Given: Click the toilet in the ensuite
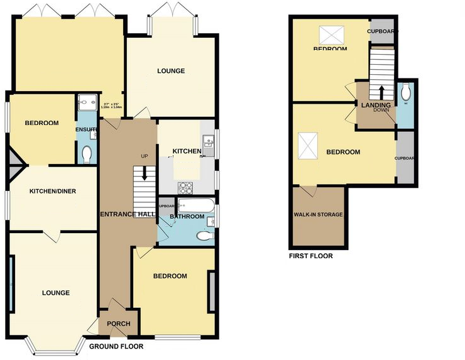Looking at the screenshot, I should click(x=87, y=153).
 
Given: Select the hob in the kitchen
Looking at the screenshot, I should click(x=187, y=187).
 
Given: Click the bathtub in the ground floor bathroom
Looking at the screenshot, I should click(x=195, y=205).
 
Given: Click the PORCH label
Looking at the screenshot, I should click(x=119, y=324).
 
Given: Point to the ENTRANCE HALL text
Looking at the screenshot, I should click(x=128, y=215).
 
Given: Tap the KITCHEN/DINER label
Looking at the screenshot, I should click(x=53, y=191).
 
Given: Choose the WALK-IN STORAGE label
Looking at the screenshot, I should click(x=318, y=215).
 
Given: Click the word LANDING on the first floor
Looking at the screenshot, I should click(x=376, y=105).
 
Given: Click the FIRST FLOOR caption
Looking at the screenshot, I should click(x=310, y=256).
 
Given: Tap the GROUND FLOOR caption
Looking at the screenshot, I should click(x=116, y=347).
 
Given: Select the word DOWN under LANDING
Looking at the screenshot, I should click(x=381, y=111).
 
